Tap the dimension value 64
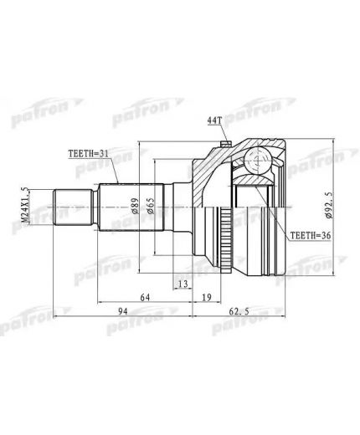click(x=146, y=296)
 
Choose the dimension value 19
click(x=207, y=296)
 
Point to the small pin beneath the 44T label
click(x=225, y=146)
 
